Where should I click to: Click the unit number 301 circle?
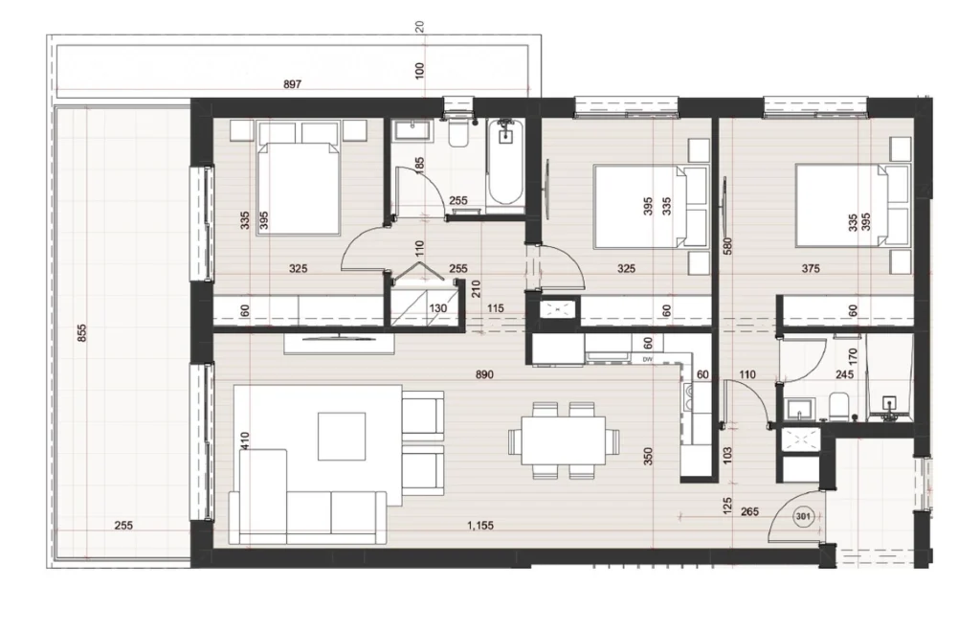(x=803, y=516)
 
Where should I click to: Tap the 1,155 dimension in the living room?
(x=480, y=526)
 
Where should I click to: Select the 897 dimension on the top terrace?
(x=293, y=84)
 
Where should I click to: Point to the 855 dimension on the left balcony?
(x=82, y=332)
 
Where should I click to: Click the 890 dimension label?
(x=484, y=374)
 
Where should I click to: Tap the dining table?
(x=563, y=440)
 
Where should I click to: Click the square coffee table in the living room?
(x=342, y=436)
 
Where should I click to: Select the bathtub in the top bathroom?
(x=505, y=162)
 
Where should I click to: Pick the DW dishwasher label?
(x=648, y=360)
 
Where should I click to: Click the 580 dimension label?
(x=727, y=247)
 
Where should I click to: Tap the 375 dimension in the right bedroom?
(x=811, y=268)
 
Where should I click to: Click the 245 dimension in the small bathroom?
(x=844, y=374)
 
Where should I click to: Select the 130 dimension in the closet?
(x=438, y=307)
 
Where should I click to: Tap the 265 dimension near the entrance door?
(x=749, y=511)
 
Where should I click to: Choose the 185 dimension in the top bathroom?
(x=420, y=165)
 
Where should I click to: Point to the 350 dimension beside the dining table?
(x=648, y=456)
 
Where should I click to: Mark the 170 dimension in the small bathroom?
(x=854, y=357)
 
